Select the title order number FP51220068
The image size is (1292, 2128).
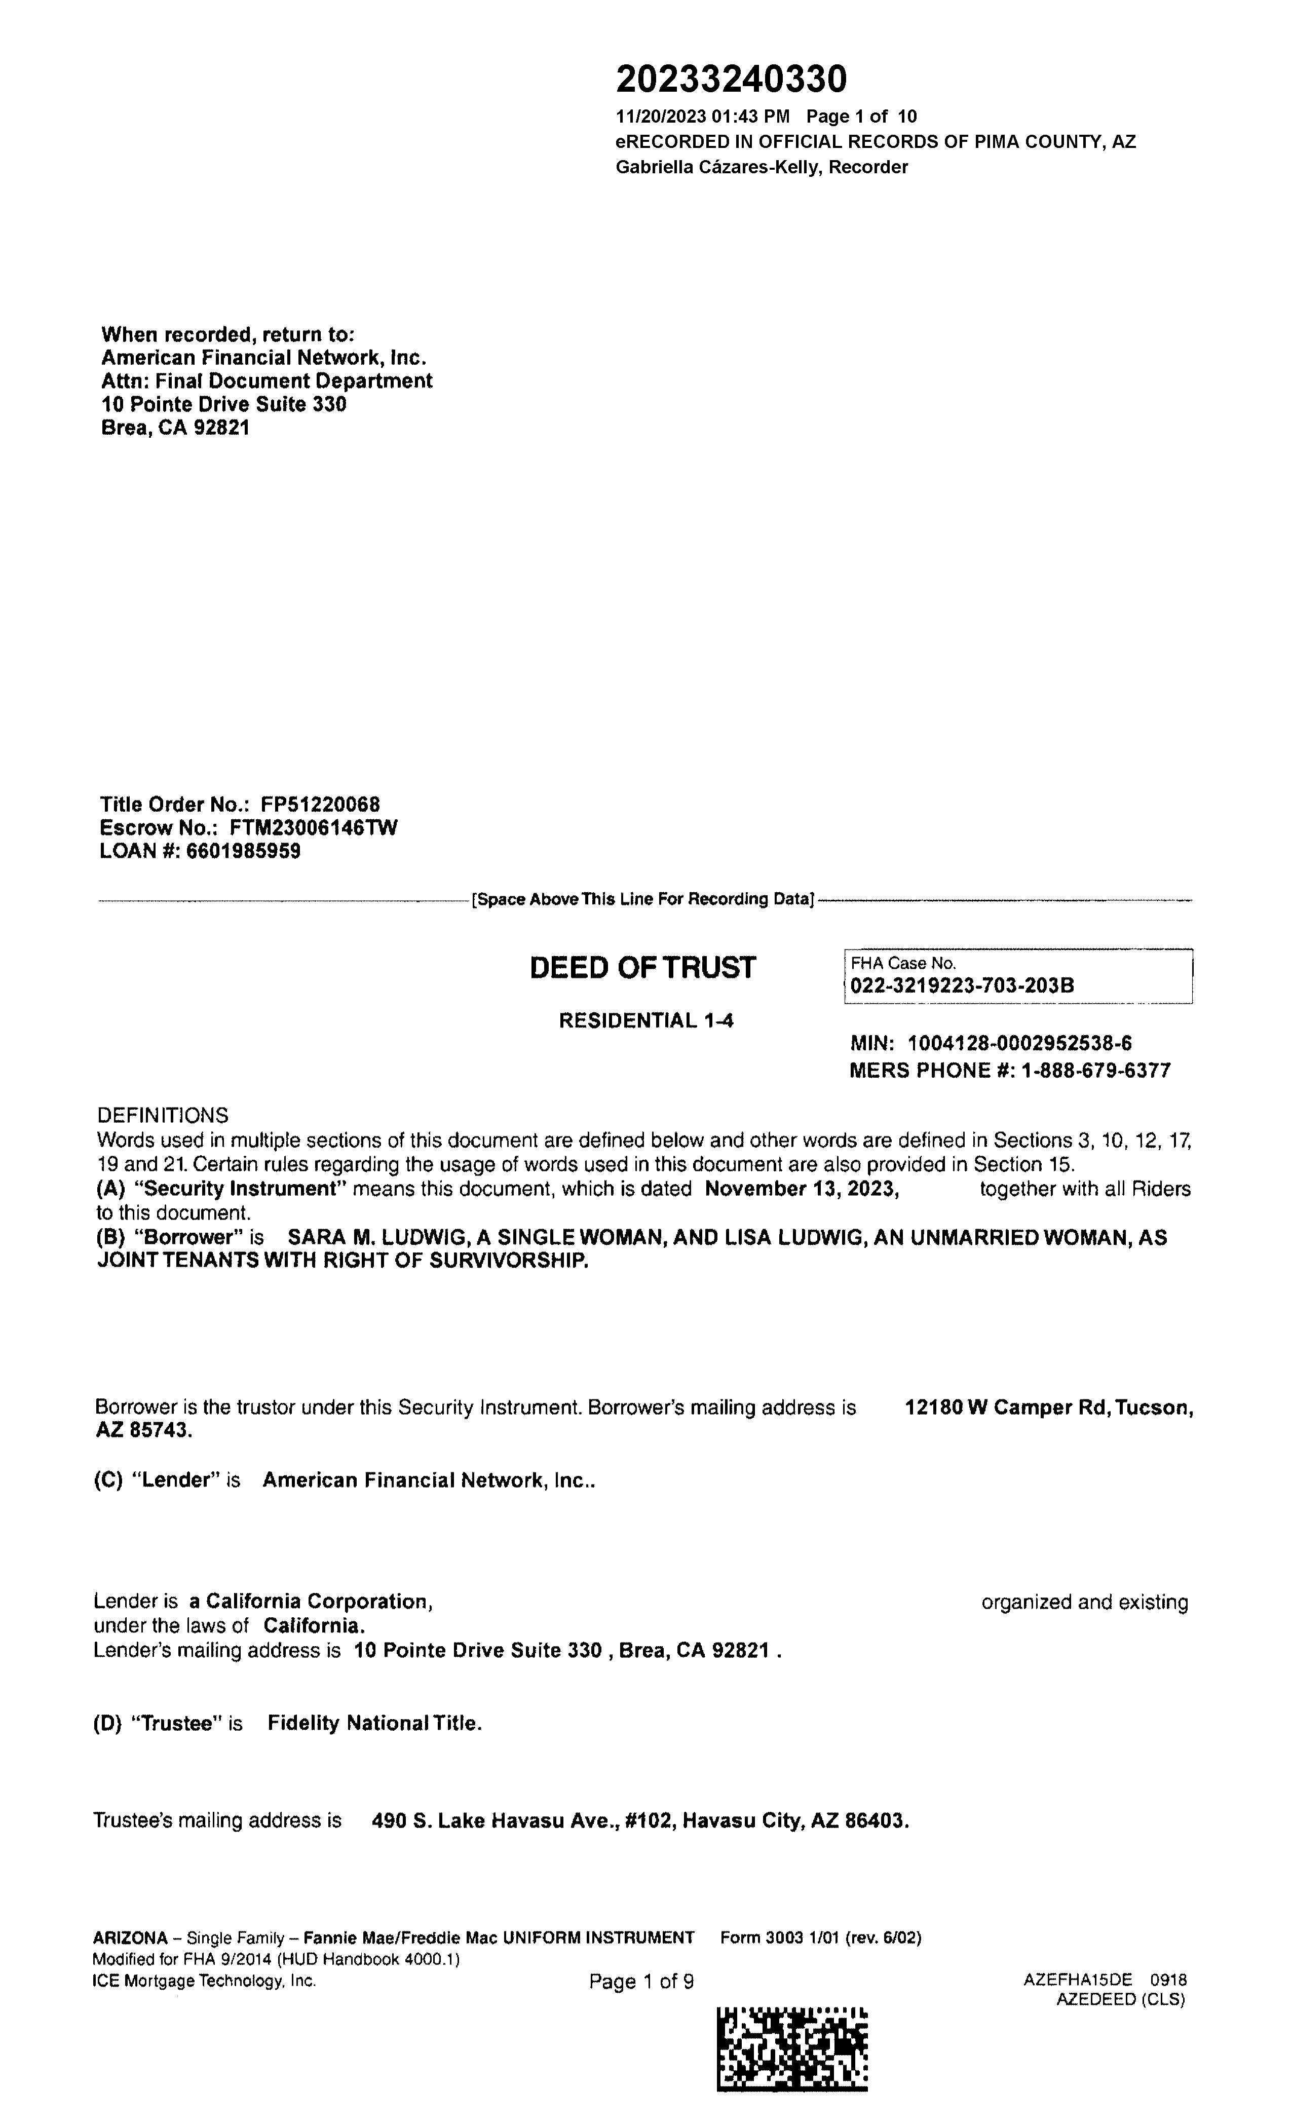(x=320, y=805)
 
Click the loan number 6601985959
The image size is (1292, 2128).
(x=244, y=852)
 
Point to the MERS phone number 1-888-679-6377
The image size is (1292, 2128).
(x=1095, y=1071)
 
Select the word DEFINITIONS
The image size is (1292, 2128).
(x=162, y=1115)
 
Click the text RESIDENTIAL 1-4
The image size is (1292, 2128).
(x=646, y=1021)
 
